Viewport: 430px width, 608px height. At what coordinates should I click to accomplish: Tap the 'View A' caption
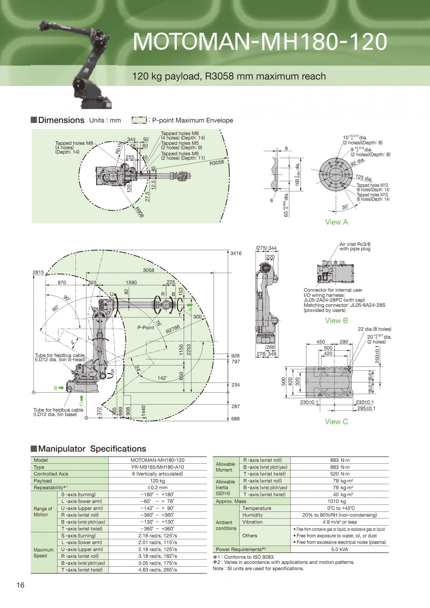pos(336,222)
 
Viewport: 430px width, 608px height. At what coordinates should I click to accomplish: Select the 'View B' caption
pos(336,320)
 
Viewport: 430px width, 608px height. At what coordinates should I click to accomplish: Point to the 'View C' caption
pos(336,422)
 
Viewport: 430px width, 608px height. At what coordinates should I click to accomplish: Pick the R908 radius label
pos(140,212)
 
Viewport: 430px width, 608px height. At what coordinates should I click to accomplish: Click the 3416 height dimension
pos(236,253)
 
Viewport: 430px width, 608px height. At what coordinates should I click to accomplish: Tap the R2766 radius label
pos(173,329)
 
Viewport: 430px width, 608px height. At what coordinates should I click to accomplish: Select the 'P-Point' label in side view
pos(145,328)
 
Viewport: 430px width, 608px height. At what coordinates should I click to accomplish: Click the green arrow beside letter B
pos(61,388)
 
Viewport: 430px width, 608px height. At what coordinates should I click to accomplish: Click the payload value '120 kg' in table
pos(157,481)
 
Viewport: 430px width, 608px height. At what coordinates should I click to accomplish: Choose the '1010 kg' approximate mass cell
pos(340,501)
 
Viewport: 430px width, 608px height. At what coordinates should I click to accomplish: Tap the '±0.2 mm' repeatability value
pos(157,488)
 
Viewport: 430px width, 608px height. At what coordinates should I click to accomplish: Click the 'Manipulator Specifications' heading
pos(92,449)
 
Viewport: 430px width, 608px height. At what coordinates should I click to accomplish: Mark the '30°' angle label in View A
pos(345,207)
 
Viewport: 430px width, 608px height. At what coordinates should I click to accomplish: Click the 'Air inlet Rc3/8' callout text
pos(355,244)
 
